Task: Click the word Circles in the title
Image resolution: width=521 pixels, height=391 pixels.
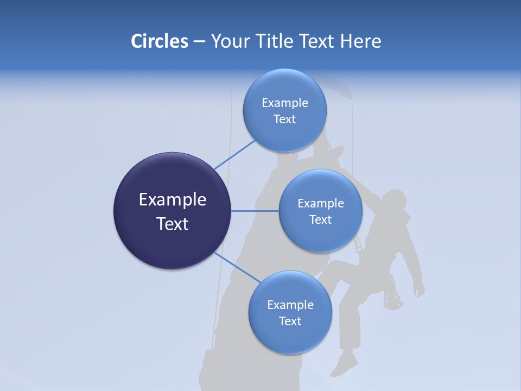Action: pos(159,41)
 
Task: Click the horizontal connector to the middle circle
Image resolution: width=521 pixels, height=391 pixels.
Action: pos(255,211)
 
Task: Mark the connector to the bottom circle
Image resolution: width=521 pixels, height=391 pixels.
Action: pos(237,267)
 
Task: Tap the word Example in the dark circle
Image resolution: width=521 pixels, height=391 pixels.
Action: pos(172,200)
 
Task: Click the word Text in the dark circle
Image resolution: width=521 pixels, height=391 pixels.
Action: pos(172,224)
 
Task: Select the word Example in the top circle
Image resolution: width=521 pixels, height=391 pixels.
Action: pos(284,103)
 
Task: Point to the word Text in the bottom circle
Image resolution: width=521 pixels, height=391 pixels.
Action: pos(290,321)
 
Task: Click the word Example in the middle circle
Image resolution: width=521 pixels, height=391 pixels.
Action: pos(320,204)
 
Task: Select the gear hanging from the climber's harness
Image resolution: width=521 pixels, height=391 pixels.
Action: pos(392,298)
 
